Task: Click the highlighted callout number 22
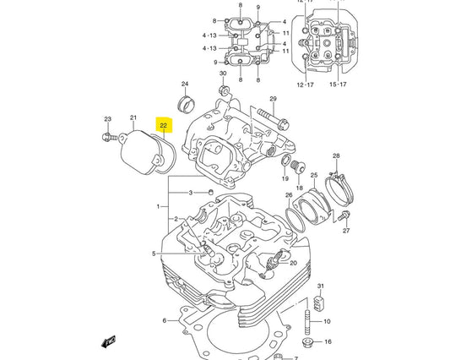click(x=164, y=126)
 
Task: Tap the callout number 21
click(x=133, y=117)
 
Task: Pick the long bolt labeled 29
click(x=268, y=110)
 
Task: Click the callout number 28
click(x=335, y=156)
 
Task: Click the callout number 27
click(x=345, y=230)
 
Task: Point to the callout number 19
click(x=285, y=178)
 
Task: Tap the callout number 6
click(x=164, y=321)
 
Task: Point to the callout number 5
click(x=154, y=254)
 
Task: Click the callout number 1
click(x=157, y=206)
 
